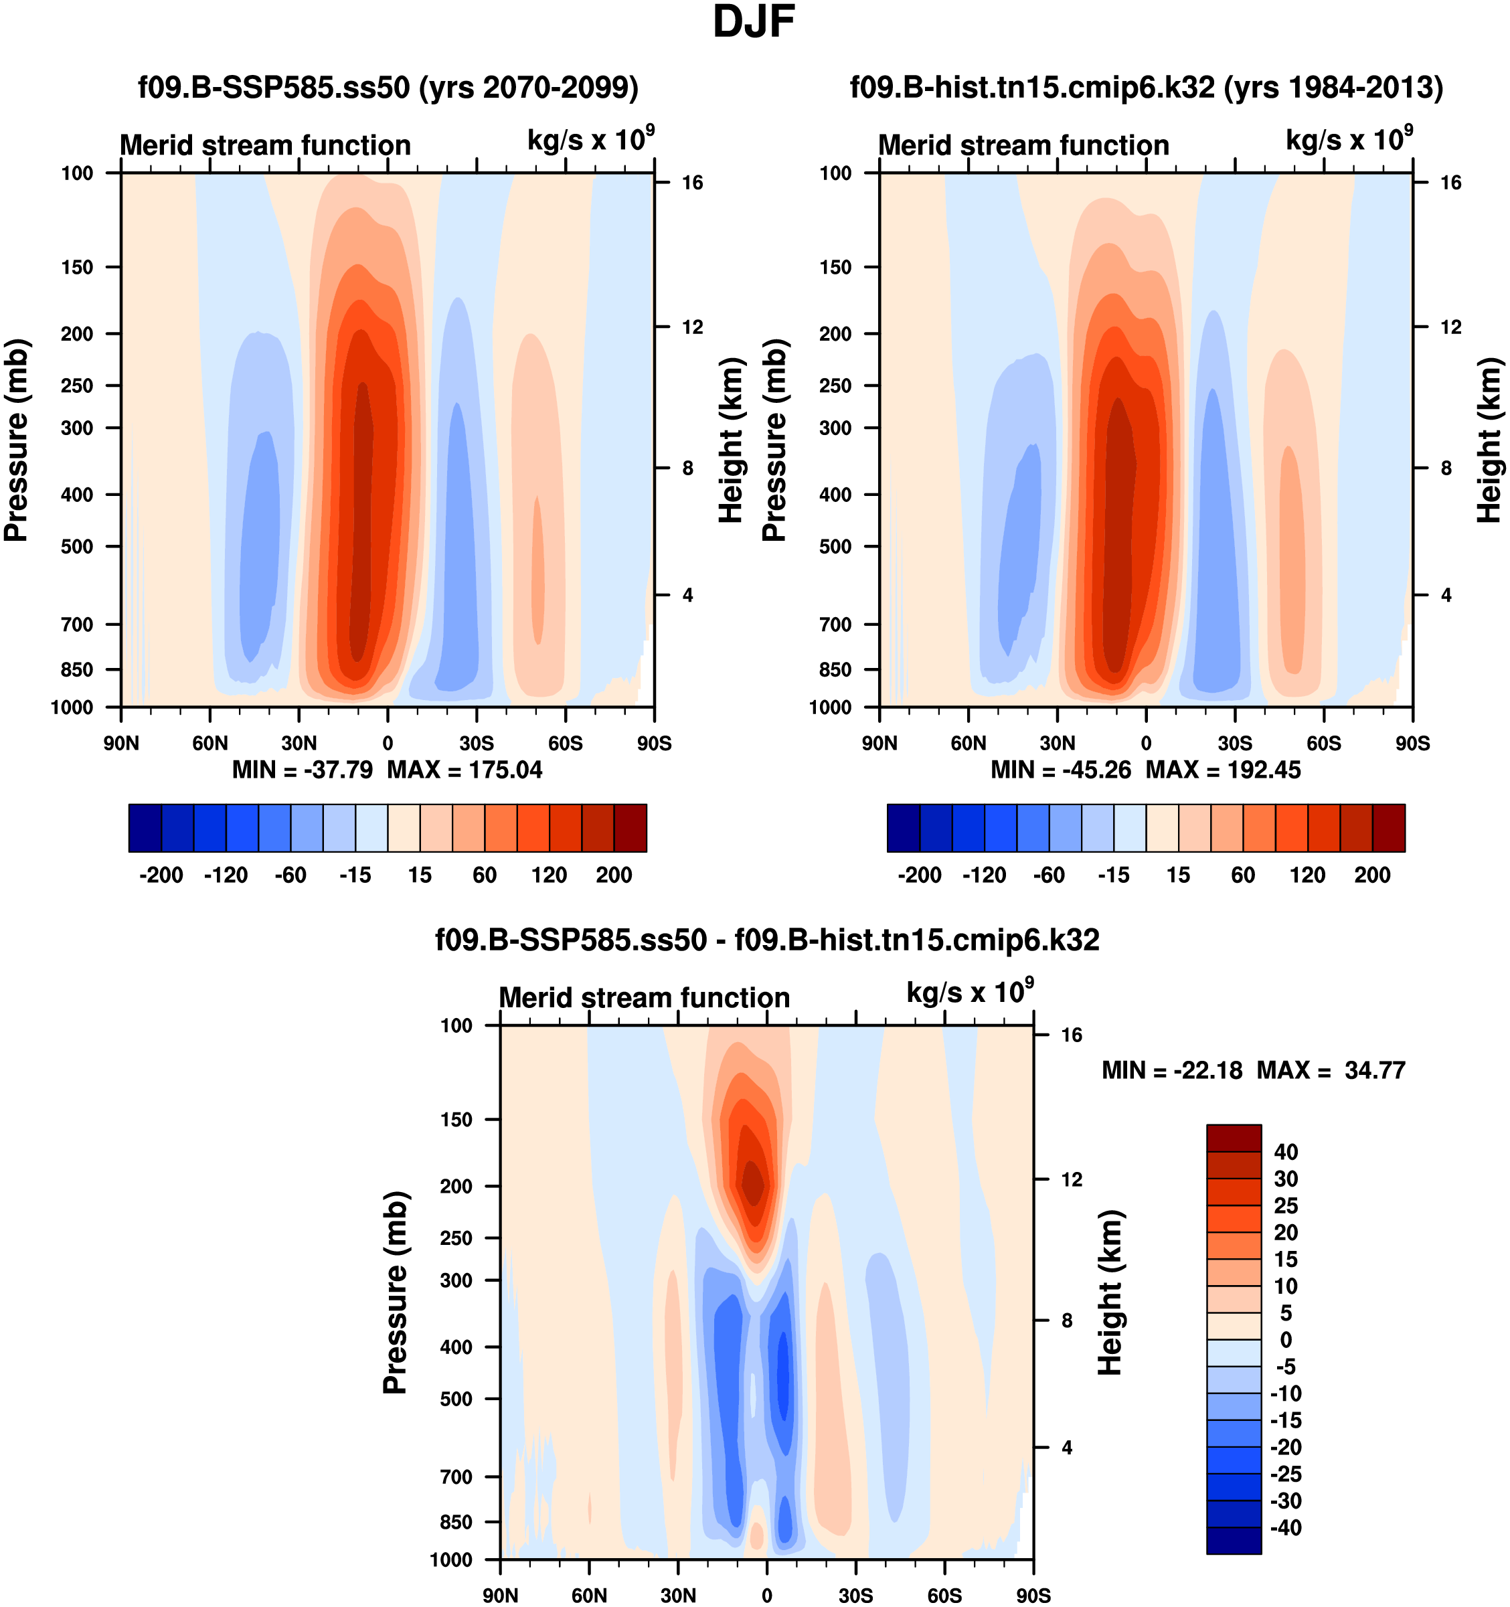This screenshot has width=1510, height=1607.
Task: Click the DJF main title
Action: coord(754,23)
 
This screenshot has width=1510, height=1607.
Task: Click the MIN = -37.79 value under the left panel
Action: coord(303,770)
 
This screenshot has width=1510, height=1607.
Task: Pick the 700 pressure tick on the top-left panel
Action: coord(78,624)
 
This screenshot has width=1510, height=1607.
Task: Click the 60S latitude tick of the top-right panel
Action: coord(1323,743)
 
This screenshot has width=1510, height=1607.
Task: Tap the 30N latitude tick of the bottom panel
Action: coord(677,1595)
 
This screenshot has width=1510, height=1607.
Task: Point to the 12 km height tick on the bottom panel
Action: coord(1071,1179)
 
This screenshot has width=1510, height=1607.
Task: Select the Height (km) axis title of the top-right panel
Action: coord(1489,440)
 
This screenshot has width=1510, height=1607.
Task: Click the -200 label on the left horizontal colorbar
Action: coord(161,875)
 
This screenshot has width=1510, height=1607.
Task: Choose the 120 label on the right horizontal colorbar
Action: coord(1307,875)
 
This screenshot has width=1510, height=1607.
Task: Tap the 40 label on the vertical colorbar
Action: coord(1286,1151)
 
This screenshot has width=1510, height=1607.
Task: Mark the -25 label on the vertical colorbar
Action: coord(1284,1474)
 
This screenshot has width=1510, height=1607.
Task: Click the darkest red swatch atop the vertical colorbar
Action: coord(1234,1137)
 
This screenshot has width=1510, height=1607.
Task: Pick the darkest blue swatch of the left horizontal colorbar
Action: coord(145,828)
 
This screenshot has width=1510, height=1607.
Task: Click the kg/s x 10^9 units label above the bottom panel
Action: coord(969,992)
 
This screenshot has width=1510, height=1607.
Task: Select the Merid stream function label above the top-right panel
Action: coord(1023,145)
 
